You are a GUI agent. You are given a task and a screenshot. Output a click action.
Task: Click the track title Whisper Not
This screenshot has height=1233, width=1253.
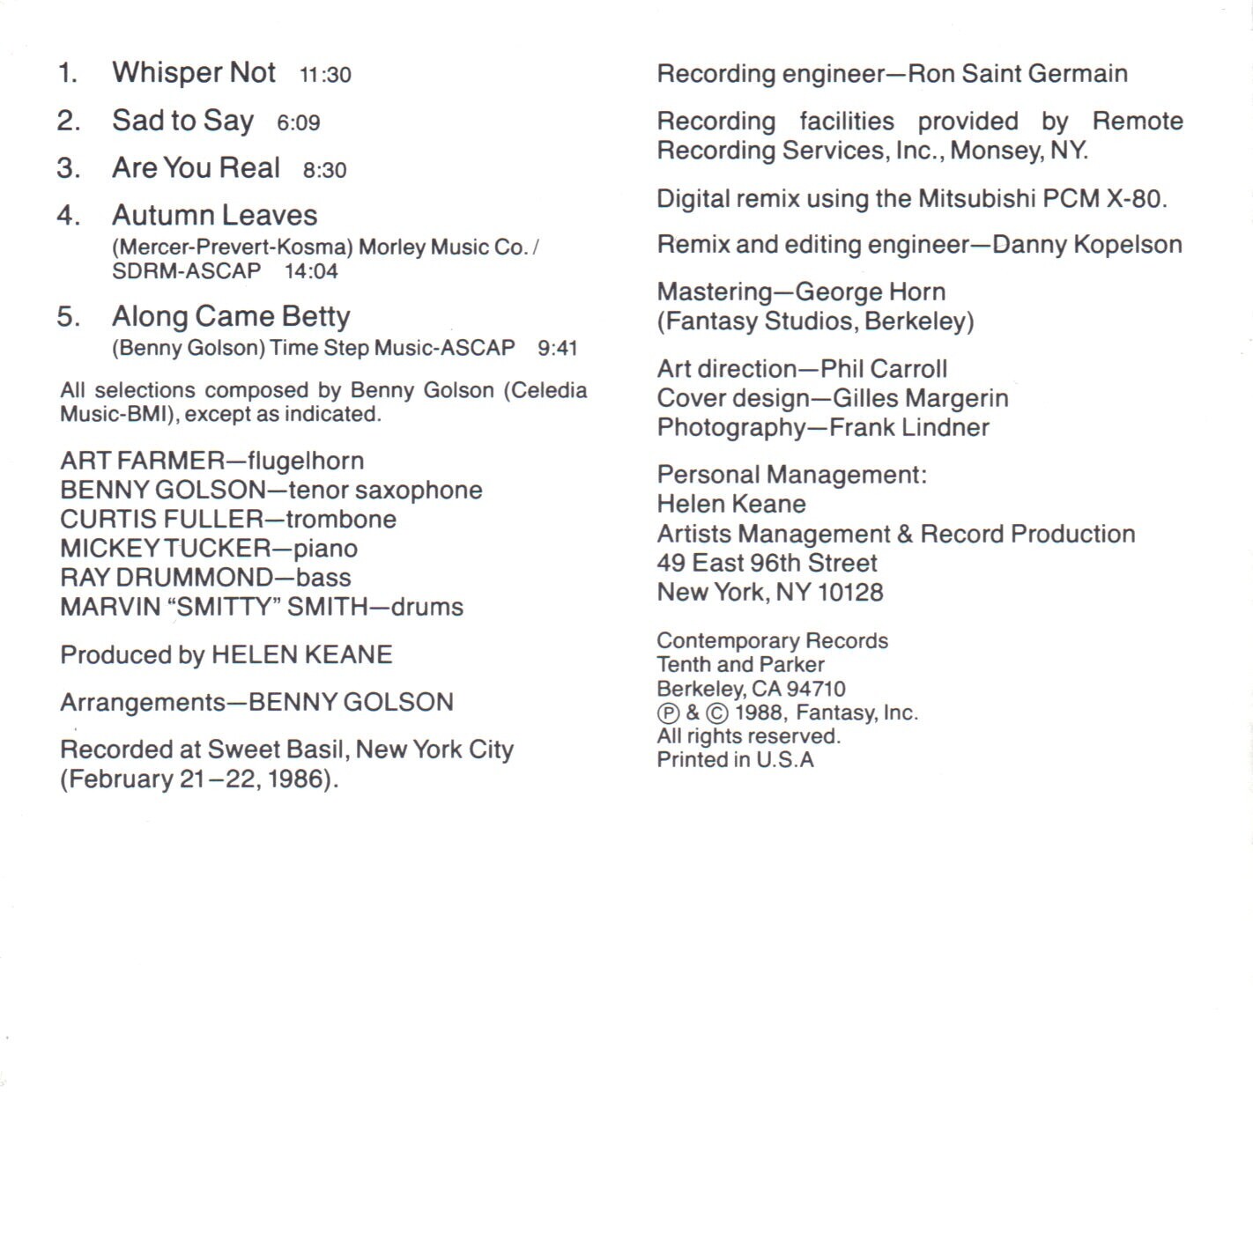[x=194, y=72]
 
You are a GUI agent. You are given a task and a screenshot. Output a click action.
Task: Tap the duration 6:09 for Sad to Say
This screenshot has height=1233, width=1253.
[x=298, y=122]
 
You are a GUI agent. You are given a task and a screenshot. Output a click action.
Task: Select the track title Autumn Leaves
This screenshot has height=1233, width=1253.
[x=214, y=215]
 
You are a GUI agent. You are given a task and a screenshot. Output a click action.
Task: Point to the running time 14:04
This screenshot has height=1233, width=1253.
[x=311, y=271]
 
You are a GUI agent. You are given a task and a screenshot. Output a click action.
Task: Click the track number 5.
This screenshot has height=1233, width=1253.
[x=68, y=316]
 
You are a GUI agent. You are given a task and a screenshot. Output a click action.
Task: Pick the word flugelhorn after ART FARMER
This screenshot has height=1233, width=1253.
[x=305, y=461]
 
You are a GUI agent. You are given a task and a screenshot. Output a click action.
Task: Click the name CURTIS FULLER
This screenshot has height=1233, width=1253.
[x=161, y=519]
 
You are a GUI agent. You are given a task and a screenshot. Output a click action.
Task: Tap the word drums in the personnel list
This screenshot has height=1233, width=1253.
[x=426, y=607]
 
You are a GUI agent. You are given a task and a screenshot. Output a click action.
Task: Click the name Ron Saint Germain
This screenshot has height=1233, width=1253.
[x=1017, y=73]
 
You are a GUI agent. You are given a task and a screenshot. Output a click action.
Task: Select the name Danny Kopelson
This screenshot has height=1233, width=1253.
[x=1086, y=244]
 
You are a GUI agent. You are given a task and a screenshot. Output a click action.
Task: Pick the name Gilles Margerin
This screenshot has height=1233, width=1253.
[x=920, y=398]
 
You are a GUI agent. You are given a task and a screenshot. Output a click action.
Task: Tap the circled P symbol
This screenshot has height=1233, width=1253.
[x=669, y=712]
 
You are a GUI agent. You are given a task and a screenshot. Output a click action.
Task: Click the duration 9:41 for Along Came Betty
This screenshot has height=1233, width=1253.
[x=557, y=348]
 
